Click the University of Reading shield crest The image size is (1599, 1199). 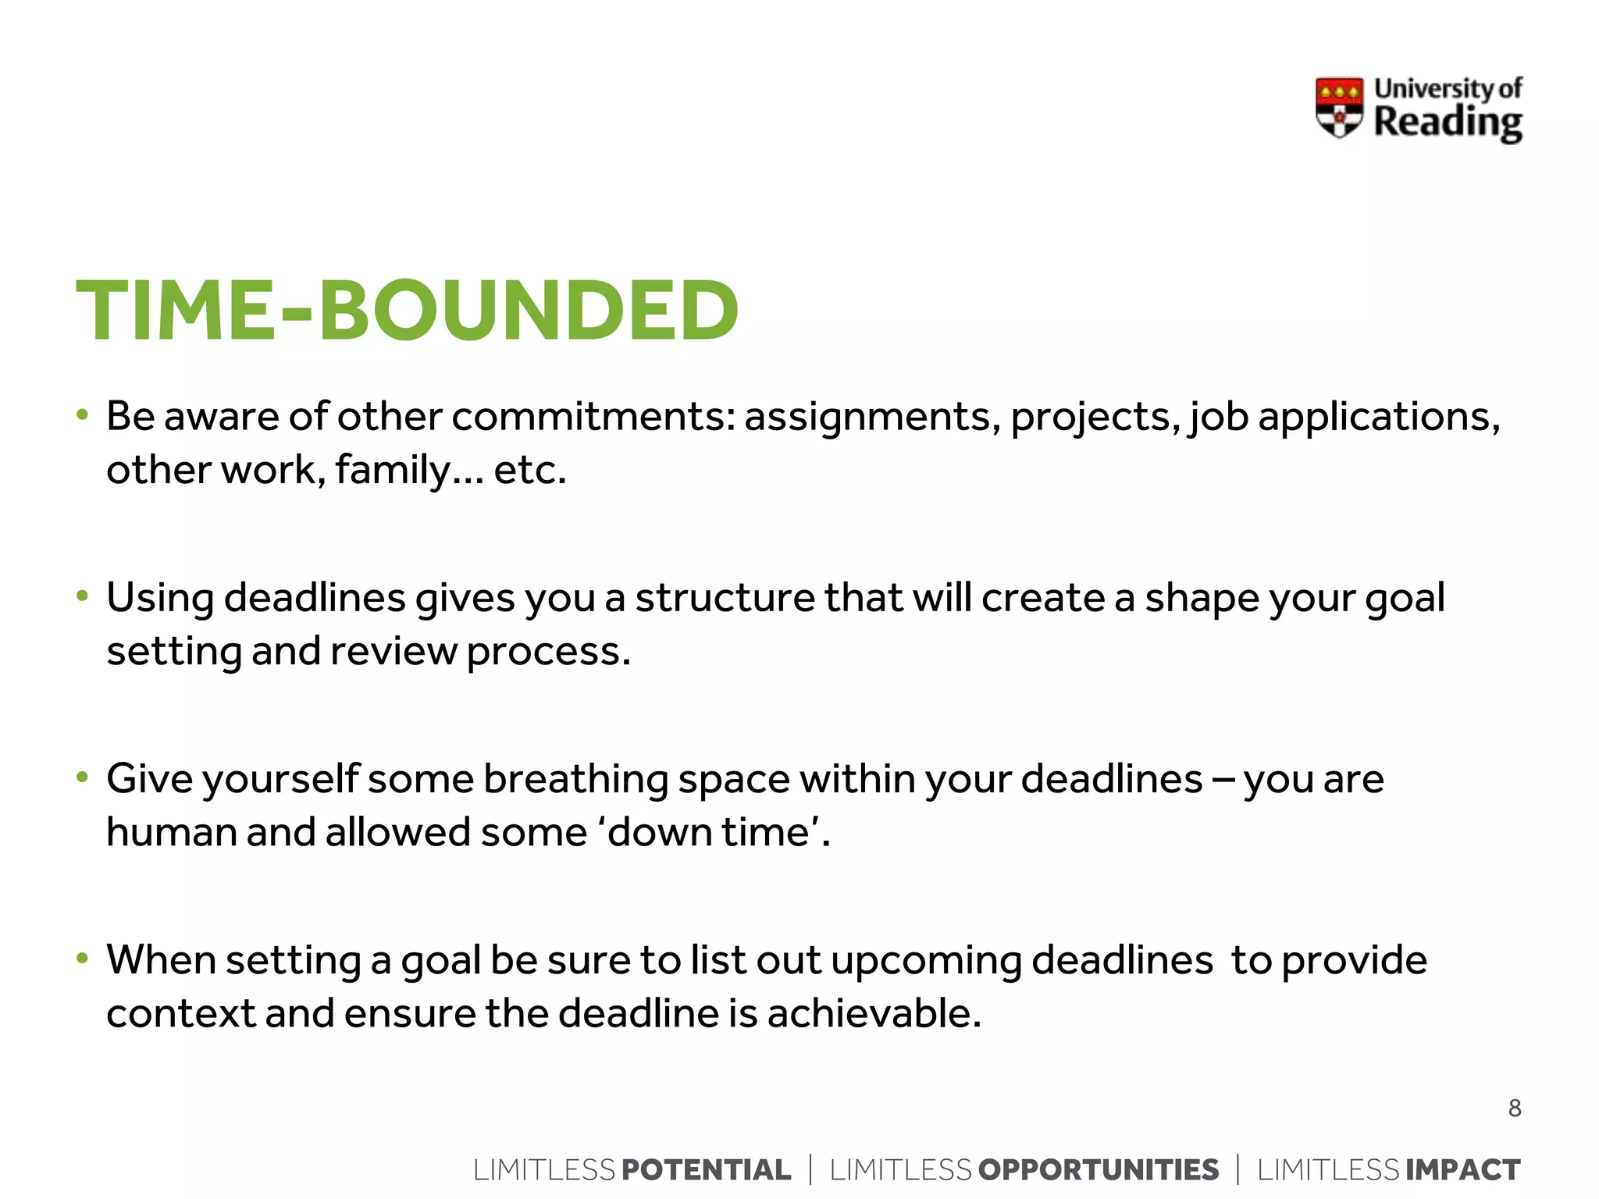(1339, 107)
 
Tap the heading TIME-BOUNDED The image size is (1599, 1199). (407, 311)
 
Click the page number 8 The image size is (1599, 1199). (1514, 1108)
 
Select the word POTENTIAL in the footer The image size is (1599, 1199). (706, 1169)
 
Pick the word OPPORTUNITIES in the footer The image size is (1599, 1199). (1098, 1169)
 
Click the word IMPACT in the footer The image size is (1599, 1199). (1462, 1169)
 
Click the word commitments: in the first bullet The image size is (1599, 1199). (593, 417)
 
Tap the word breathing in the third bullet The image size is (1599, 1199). (575, 780)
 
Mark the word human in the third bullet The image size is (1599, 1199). (172, 832)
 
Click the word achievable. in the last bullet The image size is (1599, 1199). (874, 1014)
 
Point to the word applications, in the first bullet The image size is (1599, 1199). (1379, 417)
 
